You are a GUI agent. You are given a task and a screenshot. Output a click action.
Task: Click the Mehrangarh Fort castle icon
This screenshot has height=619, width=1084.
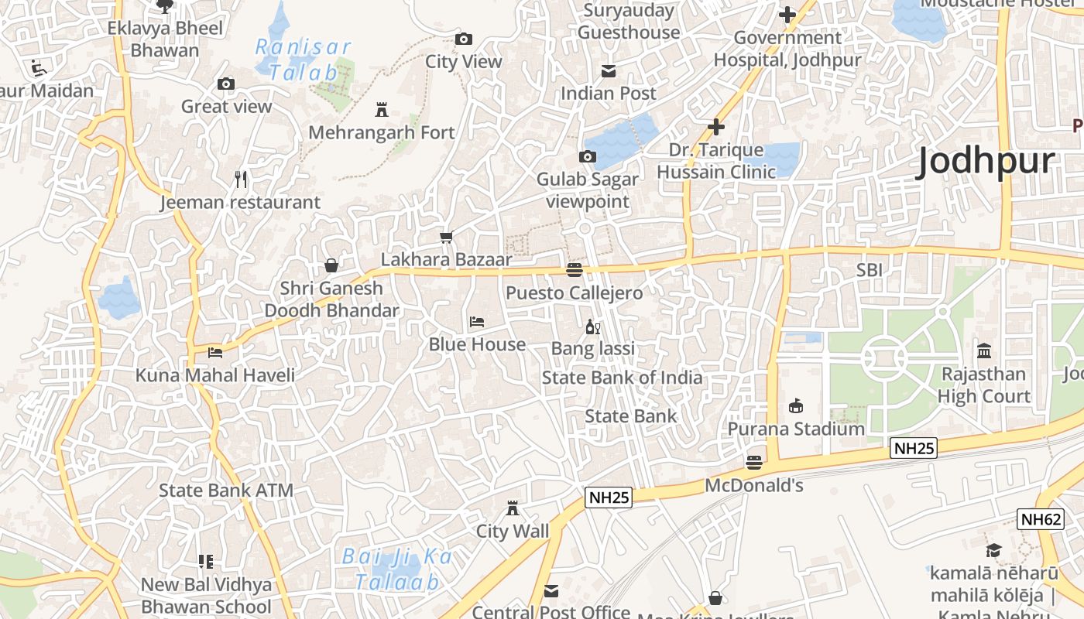click(x=381, y=109)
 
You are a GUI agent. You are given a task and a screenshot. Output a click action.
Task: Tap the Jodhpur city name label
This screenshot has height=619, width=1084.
click(x=985, y=162)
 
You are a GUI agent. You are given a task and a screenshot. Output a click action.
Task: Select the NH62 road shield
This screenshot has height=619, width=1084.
click(x=1040, y=519)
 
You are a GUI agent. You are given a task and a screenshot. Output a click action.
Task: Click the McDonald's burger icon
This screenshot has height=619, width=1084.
click(x=754, y=463)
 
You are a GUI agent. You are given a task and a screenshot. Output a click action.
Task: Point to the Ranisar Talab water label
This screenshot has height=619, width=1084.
click(x=304, y=60)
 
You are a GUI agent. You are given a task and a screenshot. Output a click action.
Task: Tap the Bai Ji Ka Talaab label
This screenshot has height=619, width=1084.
click(x=397, y=569)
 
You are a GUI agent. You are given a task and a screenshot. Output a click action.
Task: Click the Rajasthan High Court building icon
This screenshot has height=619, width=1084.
click(x=984, y=351)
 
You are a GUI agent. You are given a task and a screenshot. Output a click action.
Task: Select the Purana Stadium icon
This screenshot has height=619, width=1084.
click(x=795, y=405)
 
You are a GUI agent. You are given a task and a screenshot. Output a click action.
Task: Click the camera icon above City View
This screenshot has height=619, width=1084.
click(x=464, y=39)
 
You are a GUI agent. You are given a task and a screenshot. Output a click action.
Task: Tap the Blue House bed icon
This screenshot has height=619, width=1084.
click(x=477, y=321)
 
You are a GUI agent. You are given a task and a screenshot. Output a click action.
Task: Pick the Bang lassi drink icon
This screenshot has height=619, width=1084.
click(x=592, y=327)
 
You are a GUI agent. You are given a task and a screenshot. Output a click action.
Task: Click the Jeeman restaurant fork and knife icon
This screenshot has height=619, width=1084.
click(x=241, y=180)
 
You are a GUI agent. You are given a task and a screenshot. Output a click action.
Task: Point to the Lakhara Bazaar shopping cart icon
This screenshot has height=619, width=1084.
click(x=446, y=237)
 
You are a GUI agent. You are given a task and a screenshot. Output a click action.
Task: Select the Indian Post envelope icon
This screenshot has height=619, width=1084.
click(x=609, y=71)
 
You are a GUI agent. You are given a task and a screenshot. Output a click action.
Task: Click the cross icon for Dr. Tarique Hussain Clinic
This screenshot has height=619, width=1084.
click(x=716, y=127)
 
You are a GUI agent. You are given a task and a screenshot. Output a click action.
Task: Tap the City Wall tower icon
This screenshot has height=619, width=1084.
click(x=512, y=508)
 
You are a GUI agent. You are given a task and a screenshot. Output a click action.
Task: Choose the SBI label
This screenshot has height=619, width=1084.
click(x=869, y=270)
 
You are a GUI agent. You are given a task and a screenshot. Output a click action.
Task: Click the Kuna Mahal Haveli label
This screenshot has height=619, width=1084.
click(x=215, y=375)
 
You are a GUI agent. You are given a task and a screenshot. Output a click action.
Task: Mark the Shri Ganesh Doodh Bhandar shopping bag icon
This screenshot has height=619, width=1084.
click(x=331, y=265)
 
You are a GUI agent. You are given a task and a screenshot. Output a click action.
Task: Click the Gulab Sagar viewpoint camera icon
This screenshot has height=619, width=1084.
click(x=588, y=157)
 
